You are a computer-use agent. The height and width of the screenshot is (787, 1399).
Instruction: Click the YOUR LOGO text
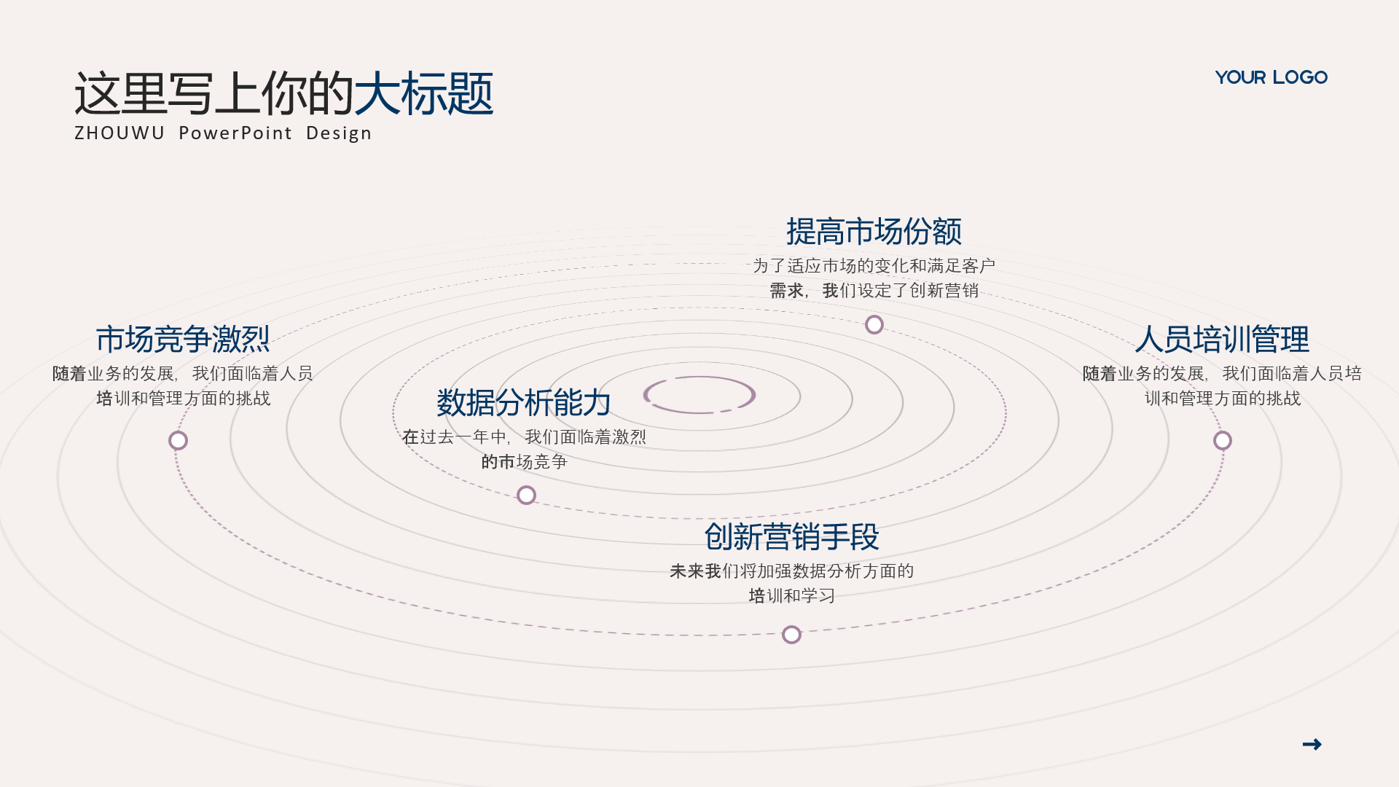[1271, 77]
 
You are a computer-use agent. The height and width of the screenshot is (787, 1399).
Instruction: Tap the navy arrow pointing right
[1312, 744]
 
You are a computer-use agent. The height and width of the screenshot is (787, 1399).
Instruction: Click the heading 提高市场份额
[874, 232]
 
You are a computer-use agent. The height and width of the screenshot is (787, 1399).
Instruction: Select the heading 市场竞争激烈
[183, 340]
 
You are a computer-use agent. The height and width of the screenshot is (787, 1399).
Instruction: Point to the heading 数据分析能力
[524, 402]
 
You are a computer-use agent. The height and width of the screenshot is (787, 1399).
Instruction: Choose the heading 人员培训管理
[1222, 340]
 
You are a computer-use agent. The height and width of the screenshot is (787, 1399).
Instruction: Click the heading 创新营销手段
[792, 537]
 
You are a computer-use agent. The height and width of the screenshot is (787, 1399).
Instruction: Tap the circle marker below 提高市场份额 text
[874, 324]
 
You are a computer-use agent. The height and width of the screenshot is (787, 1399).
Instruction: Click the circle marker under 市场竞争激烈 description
[178, 440]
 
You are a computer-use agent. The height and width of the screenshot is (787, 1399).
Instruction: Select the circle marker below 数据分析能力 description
[526, 496]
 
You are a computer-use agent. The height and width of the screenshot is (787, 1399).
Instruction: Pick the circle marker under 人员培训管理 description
[1223, 440]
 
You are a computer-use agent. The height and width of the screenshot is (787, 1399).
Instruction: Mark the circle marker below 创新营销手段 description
[791, 635]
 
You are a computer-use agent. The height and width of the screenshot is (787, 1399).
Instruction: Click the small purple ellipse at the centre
[699, 377]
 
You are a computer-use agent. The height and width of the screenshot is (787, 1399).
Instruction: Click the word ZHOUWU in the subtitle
[119, 133]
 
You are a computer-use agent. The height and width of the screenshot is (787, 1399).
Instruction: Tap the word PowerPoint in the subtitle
[235, 133]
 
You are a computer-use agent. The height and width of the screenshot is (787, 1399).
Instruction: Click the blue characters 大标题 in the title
[423, 93]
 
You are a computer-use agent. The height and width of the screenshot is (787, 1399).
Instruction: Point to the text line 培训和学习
[792, 596]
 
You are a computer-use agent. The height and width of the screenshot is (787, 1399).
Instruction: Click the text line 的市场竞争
[524, 462]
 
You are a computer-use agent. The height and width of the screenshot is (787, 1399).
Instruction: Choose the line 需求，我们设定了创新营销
[874, 291]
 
